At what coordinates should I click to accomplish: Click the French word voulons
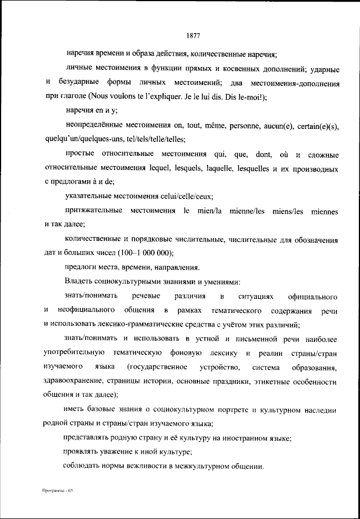click(x=120, y=97)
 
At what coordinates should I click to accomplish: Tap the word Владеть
click(x=80, y=281)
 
